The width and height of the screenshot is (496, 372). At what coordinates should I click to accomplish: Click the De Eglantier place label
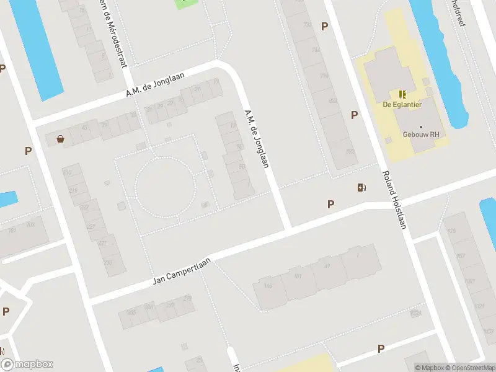[402, 105]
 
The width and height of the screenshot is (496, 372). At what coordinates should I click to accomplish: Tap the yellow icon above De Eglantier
[402, 94]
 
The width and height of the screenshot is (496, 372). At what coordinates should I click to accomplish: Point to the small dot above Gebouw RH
[420, 126]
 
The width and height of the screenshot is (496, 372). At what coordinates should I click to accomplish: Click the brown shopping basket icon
[60, 139]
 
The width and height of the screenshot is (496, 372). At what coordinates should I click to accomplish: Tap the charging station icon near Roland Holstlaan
[361, 187]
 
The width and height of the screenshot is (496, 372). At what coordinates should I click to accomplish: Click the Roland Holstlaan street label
[394, 200]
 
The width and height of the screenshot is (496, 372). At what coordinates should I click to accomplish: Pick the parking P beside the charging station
[331, 204]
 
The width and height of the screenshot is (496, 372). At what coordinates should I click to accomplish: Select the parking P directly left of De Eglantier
[354, 115]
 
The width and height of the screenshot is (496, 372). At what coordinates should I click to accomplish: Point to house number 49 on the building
[327, 267]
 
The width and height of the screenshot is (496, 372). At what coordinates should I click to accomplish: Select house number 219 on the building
[73, 190]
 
